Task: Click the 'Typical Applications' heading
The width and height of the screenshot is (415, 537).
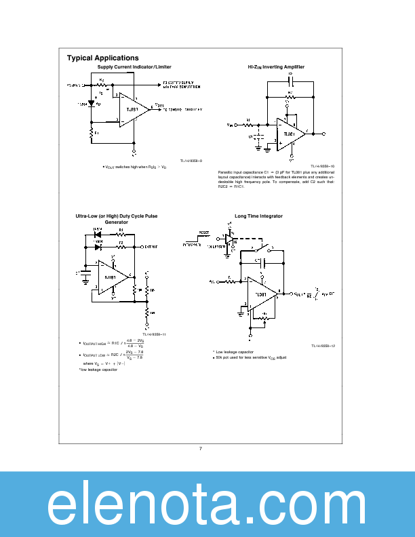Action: point(102,58)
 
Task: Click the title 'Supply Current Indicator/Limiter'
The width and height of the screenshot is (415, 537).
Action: point(134,67)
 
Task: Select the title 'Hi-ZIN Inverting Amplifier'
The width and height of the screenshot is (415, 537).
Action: point(276,67)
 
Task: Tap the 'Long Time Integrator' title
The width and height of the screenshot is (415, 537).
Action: point(258,216)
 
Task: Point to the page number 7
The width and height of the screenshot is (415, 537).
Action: point(201,448)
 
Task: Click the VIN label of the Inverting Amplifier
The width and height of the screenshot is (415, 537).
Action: point(231,125)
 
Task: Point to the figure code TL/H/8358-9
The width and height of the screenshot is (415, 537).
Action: point(191,161)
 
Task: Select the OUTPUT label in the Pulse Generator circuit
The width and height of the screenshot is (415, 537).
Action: point(143,247)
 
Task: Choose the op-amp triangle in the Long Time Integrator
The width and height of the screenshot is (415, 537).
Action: point(262,294)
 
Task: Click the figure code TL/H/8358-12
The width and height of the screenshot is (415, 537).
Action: point(323,345)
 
